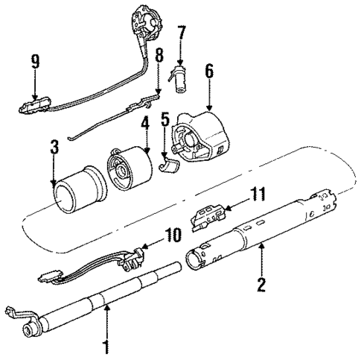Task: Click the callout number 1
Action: (106, 347)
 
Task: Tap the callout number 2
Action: (261, 285)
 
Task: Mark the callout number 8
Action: (159, 56)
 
